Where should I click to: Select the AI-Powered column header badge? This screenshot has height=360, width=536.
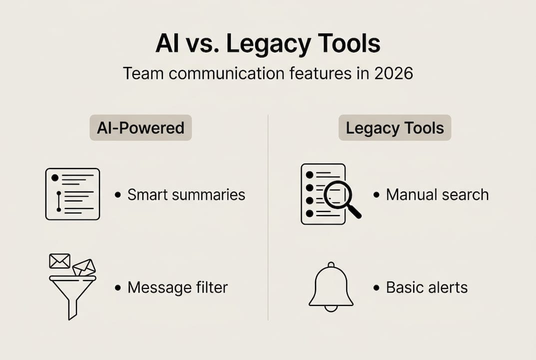coord(140,128)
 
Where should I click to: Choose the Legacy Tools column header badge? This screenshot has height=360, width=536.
coord(395,128)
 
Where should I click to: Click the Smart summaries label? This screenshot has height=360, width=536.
coord(186,194)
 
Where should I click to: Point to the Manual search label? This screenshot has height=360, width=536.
coord(437,194)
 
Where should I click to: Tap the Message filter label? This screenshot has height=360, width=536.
coord(177,287)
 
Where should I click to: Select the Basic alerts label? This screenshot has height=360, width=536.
coord(427,287)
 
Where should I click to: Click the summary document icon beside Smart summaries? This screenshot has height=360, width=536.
coord(72,194)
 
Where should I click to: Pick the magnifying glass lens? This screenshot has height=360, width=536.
coord(338,194)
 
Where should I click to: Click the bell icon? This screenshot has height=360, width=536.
coord(331,285)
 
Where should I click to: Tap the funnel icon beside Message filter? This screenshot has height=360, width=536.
coord(72,295)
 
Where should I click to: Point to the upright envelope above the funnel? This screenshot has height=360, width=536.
coord(59,261)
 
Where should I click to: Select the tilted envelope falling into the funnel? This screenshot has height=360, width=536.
coord(83,267)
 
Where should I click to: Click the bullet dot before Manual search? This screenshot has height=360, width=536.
coord(376,195)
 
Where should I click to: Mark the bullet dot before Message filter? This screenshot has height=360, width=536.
coord(117,288)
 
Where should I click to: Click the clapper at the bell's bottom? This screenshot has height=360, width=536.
coord(331,308)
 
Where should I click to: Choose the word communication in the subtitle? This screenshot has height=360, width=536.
coord(227,73)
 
